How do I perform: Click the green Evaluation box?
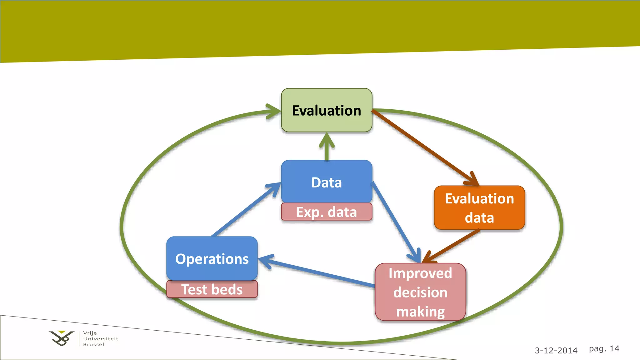[327, 110]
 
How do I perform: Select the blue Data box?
[327, 182]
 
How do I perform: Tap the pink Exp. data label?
[327, 212]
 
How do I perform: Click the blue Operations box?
[212, 259]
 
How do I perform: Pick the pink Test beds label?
[212, 289]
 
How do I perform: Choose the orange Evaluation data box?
[479, 208]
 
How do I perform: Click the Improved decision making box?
[420, 292]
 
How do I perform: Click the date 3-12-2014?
[556, 350]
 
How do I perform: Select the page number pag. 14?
[604, 348]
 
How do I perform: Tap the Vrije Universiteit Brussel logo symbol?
[62, 338]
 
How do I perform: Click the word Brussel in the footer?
[94, 344]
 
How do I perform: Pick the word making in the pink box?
[420, 312]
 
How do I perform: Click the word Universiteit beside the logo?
[101, 339]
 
